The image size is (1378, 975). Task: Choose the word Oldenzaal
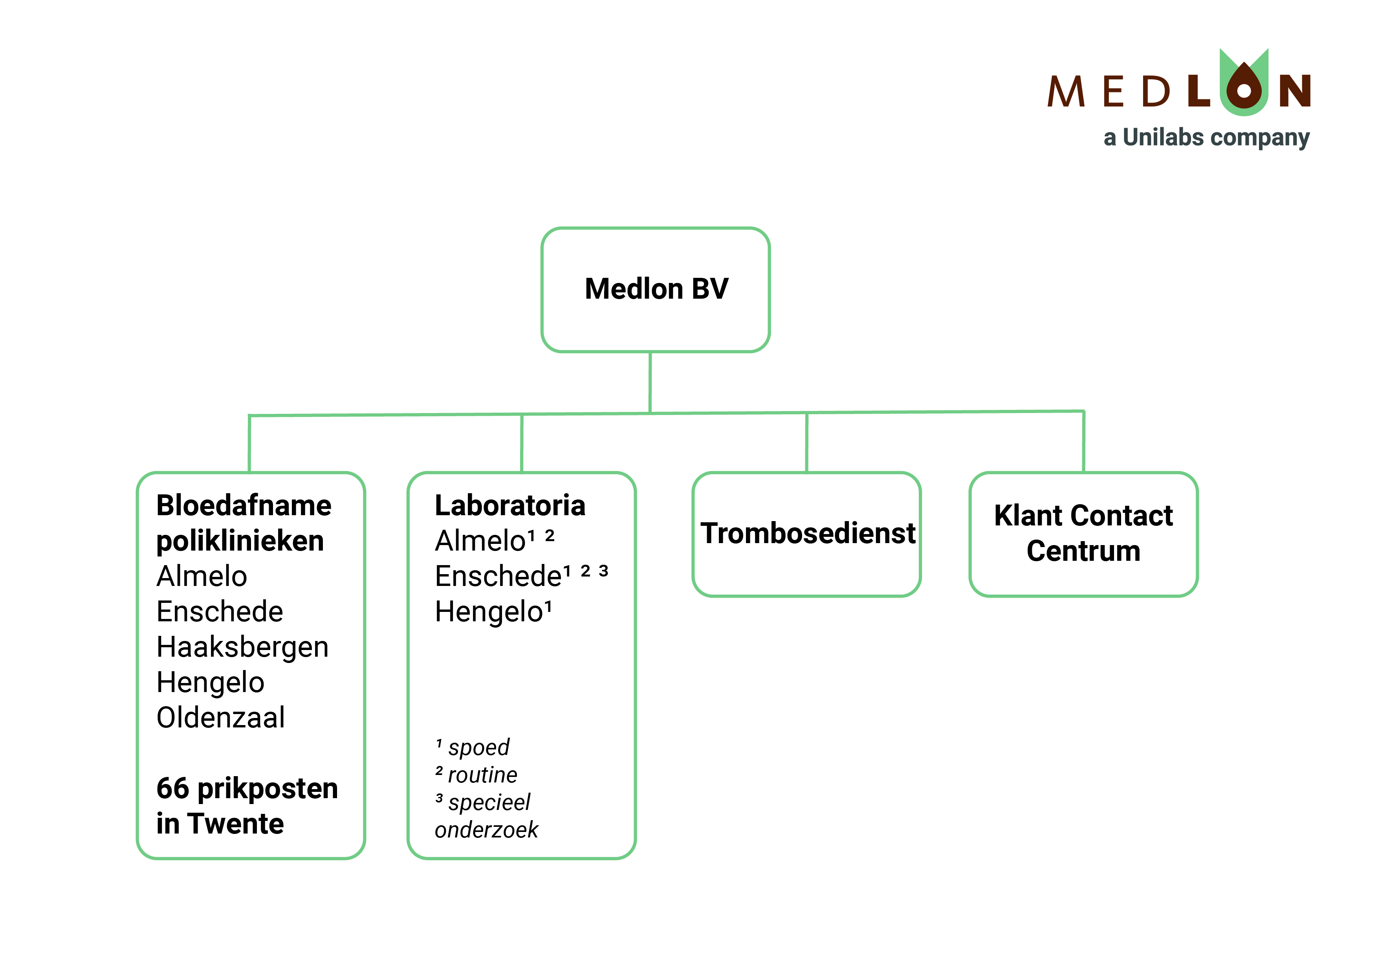(x=220, y=718)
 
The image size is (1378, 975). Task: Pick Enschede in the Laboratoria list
(x=498, y=577)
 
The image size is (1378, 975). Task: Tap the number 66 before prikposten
(x=173, y=789)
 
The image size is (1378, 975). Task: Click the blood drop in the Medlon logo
(x=1244, y=88)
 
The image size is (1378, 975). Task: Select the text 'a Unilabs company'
(x=1206, y=138)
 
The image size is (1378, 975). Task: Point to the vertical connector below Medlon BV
(x=650, y=382)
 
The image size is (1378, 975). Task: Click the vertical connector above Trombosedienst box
(x=806, y=443)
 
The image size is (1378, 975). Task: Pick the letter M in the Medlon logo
(x=1066, y=92)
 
